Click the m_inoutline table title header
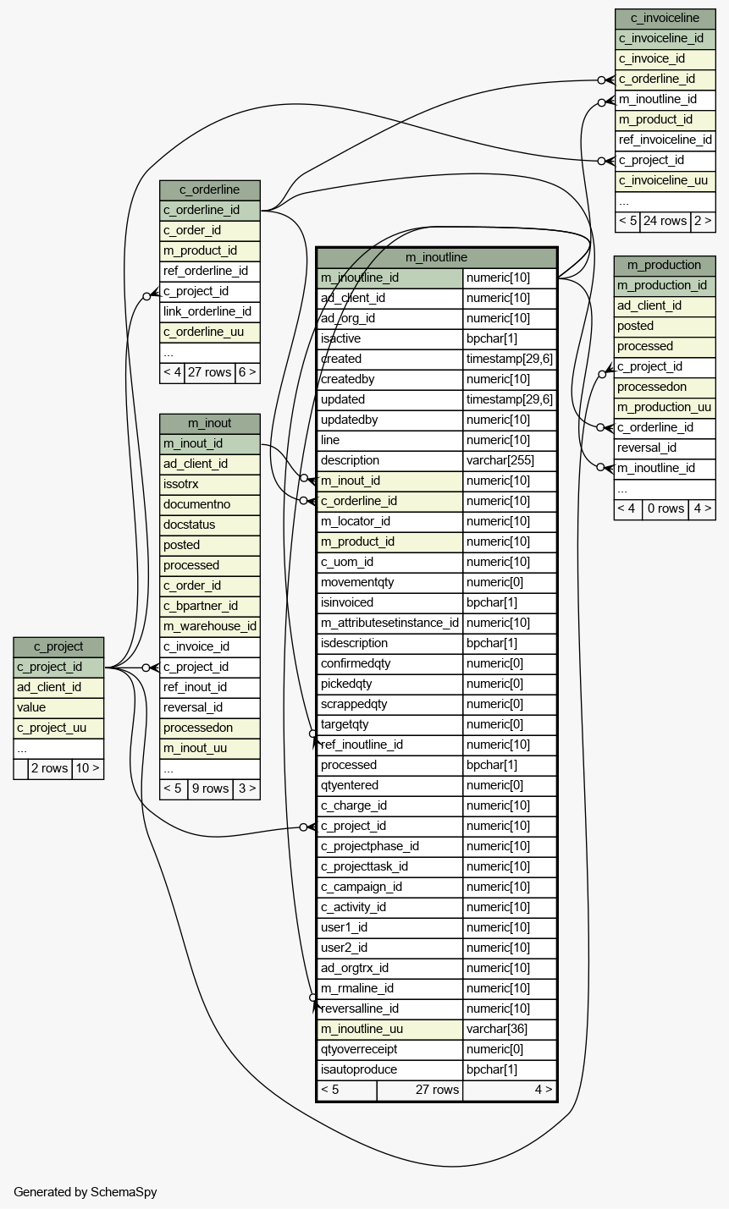pos(436,257)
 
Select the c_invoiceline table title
pos(665,19)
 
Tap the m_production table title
pos(664,265)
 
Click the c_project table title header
pos(58,646)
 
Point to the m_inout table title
pos(209,423)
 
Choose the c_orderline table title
pos(209,190)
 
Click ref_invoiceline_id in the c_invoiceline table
pos(665,140)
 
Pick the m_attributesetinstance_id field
pos(389,623)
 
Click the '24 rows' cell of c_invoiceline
pos(665,222)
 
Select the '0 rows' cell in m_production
pos(665,509)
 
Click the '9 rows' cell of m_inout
pos(211,789)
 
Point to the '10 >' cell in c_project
pos(87,768)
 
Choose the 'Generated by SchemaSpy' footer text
pos(86,1192)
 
